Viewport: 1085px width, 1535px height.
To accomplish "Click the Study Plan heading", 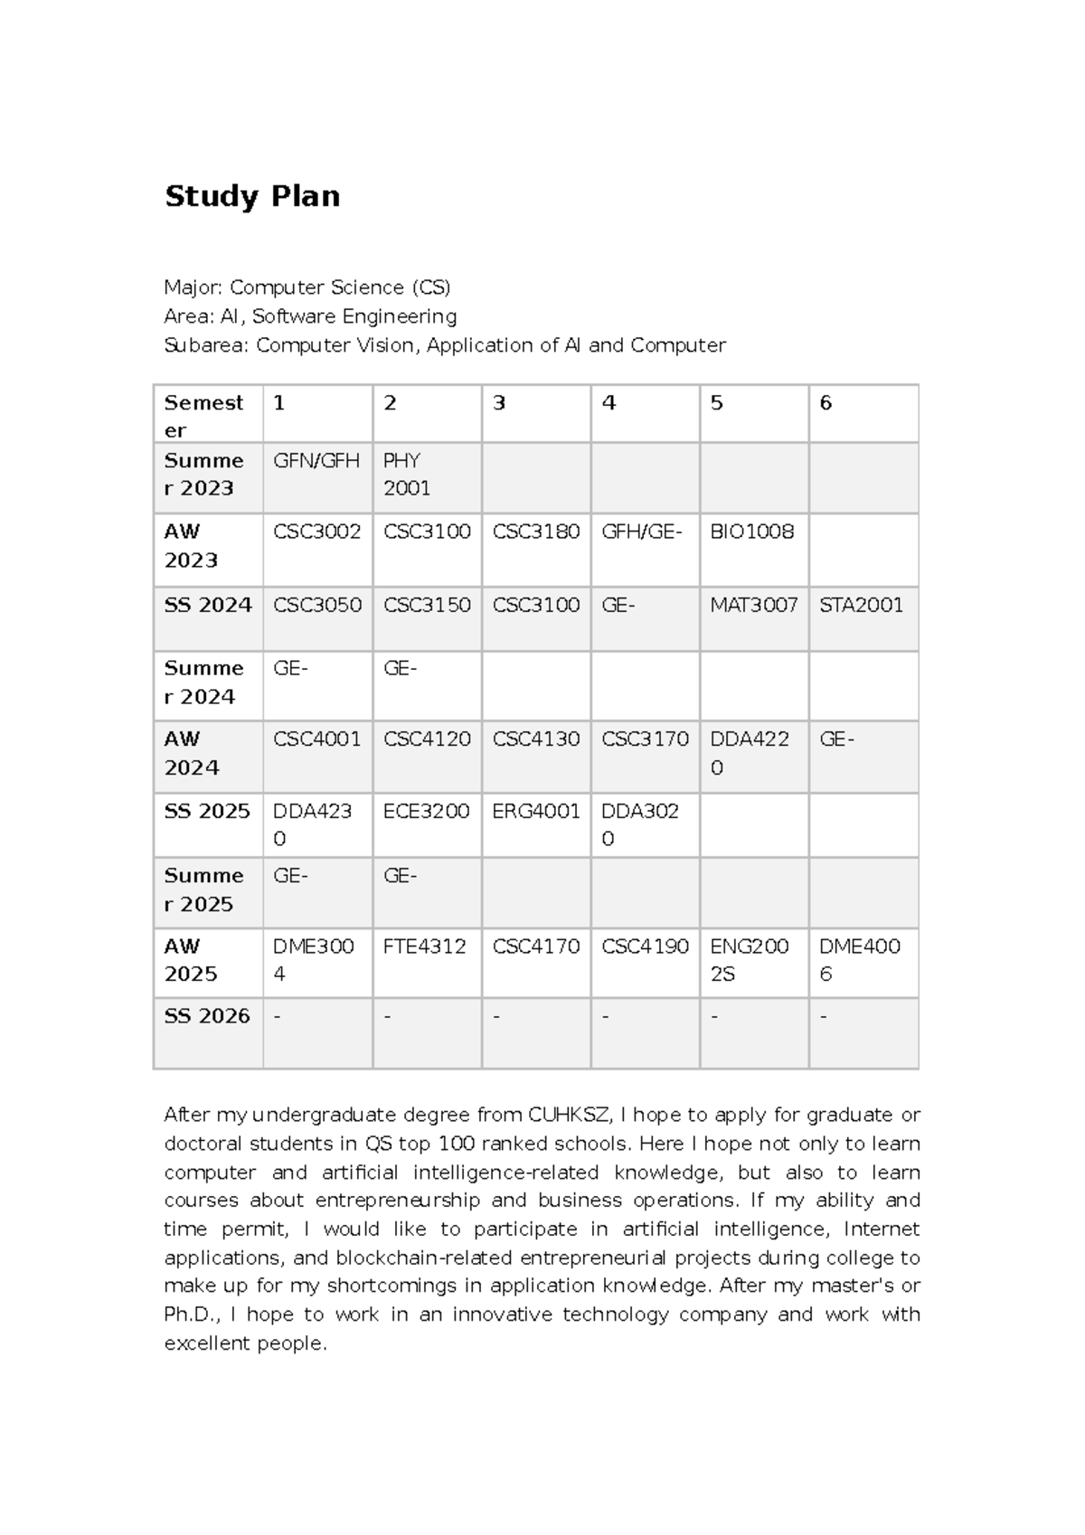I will tap(252, 196).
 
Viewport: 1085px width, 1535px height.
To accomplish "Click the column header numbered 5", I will tap(717, 403).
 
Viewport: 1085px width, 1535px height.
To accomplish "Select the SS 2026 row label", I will tap(207, 1016).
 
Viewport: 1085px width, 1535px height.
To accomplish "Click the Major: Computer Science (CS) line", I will tap(307, 287).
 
